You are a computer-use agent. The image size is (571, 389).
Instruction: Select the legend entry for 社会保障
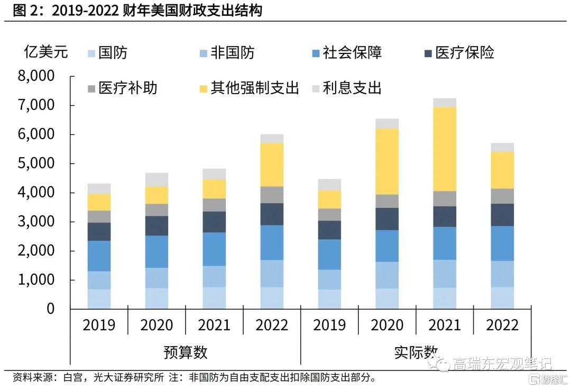pyautogui.click(x=346, y=52)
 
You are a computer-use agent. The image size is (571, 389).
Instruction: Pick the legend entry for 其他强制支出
pyautogui.click(x=248, y=87)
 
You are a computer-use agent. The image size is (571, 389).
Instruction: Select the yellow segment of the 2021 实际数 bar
pyautogui.click(x=444, y=149)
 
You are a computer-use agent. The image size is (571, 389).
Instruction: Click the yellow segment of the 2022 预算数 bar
pyautogui.click(x=272, y=165)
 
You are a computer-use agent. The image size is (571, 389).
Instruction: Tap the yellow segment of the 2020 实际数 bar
pyautogui.click(x=387, y=161)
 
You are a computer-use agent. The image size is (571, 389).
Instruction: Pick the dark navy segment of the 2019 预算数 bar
pyautogui.click(x=99, y=232)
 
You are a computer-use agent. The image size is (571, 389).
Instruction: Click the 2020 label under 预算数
pyautogui.click(x=156, y=324)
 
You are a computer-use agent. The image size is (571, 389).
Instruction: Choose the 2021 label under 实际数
pyautogui.click(x=444, y=324)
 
